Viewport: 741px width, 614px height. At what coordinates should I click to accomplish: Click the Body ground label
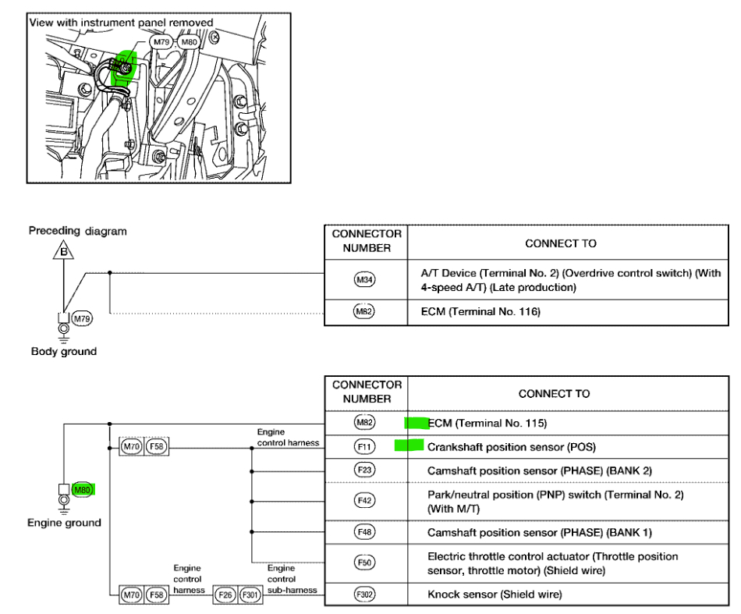click(63, 351)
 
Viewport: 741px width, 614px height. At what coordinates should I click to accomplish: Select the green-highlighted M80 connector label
click(82, 489)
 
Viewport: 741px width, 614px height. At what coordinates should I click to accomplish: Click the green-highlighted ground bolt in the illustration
click(123, 69)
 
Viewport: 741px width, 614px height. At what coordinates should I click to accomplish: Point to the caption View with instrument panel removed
click(121, 23)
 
